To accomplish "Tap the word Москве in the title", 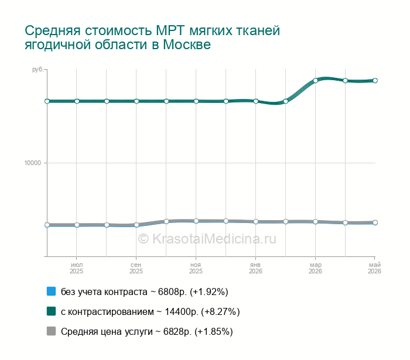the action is coord(187,44).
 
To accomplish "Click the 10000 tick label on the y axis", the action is coord(33,163).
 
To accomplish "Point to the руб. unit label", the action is coord(37,70).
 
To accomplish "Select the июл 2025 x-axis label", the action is coord(77,268).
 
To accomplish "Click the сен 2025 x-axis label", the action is coord(136,268).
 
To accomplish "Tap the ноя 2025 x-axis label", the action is coord(196,268).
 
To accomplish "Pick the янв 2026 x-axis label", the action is coord(255,268).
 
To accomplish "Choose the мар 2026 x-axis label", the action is coord(315,268).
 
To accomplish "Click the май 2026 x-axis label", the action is coord(375,268).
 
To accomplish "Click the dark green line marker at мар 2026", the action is coord(315,80).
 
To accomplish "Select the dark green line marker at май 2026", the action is coord(375,80).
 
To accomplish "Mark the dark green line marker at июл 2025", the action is coord(77,101).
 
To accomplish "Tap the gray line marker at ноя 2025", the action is coord(196,221).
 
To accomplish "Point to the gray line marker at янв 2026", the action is coord(256,221).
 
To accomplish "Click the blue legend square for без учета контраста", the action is coord(52,292).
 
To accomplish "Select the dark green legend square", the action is coord(52,311).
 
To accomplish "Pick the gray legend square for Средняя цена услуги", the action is coord(52,331).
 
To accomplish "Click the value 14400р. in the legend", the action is coord(182,311).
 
